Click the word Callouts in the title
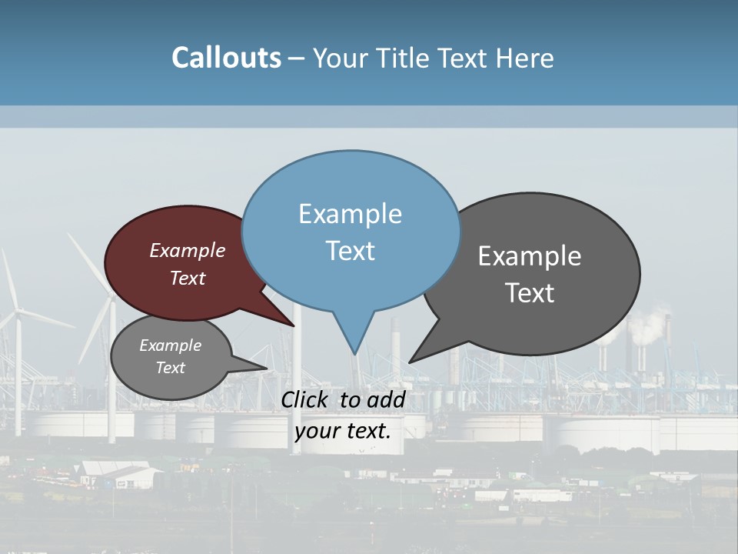point(226,58)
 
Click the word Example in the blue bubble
point(351,214)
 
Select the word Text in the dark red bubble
point(188,279)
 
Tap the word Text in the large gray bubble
point(530,293)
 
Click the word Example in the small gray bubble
point(170,345)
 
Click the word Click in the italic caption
point(305,399)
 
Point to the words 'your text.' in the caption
point(343,431)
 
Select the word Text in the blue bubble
point(351,251)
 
